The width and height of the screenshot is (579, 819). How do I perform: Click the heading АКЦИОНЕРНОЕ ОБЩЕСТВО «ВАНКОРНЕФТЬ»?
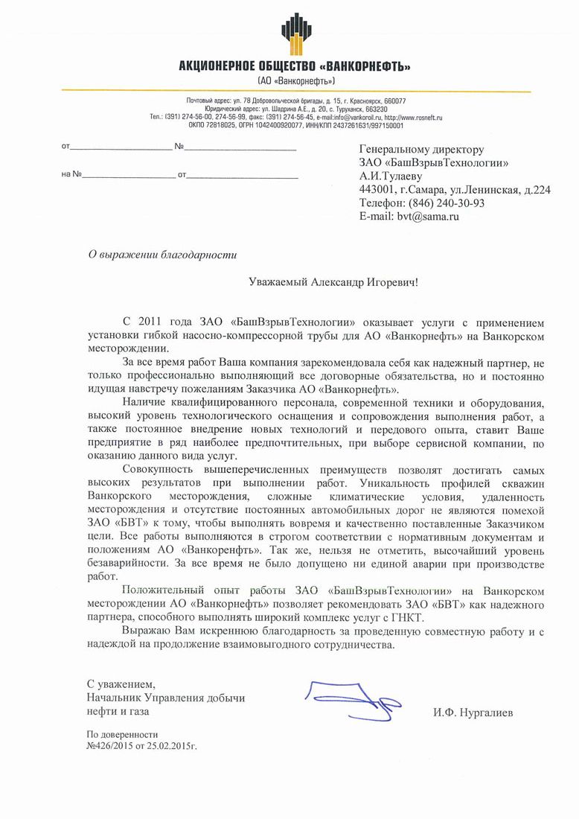tap(295, 67)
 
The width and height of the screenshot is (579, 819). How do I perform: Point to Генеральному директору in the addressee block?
tap(421, 150)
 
